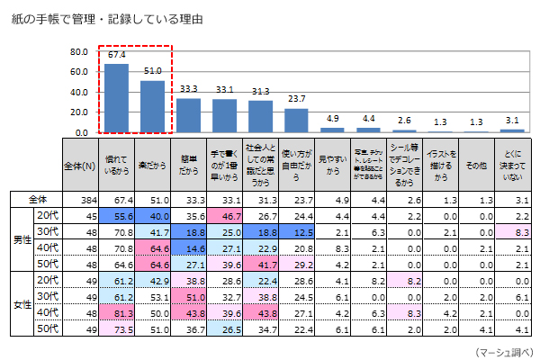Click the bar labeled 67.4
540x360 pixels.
click(x=117, y=98)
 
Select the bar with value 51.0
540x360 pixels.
click(x=153, y=107)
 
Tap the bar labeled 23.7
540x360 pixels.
click(x=296, y=121)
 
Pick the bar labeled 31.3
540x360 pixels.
click(x=260, y=117)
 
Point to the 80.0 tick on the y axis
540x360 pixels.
click(x=78, y=51)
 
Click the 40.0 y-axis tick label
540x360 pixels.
click(x=78, y=93)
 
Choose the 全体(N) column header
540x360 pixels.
click(x=80, y=166)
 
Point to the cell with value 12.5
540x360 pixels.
click(x=296, y=230)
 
